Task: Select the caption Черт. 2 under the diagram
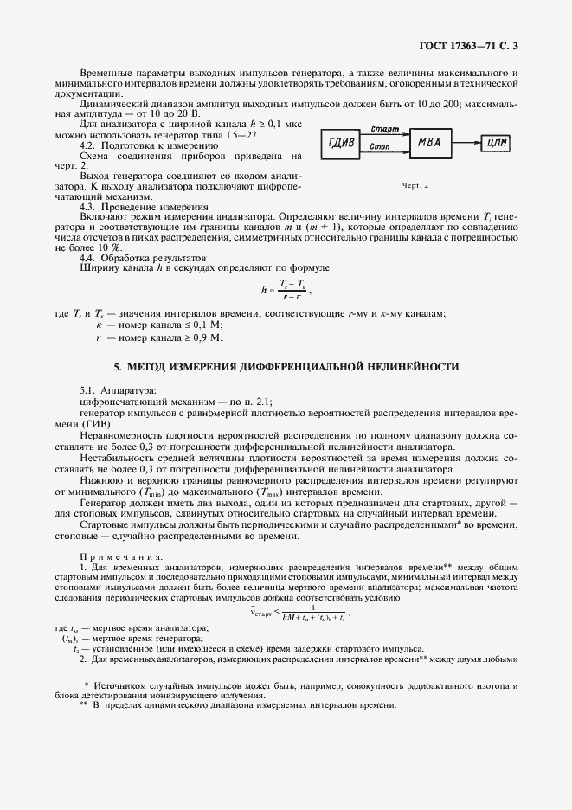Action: point(415,185)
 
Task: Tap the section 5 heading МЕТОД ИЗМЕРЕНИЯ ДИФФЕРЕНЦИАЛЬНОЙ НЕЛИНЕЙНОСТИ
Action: point(286,367)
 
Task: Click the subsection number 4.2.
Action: point(89,145)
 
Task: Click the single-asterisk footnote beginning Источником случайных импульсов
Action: point(286,689)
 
